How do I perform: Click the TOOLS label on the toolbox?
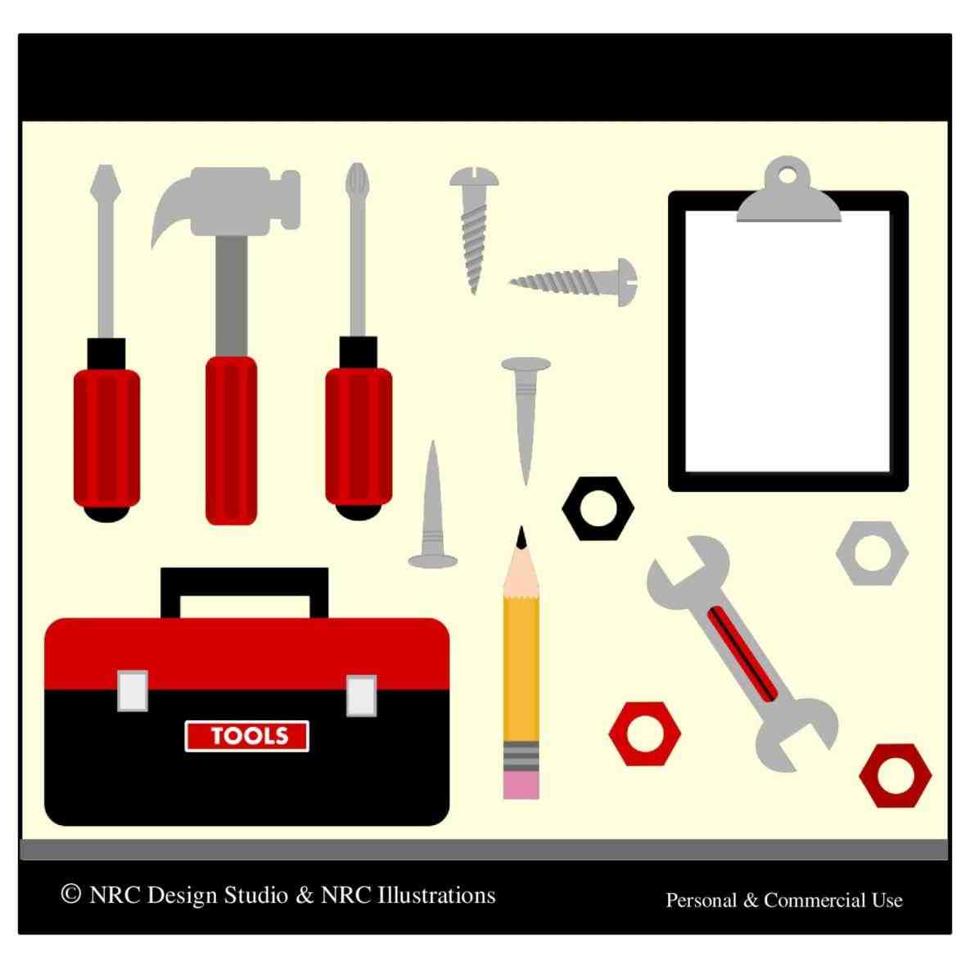tap(247, 736)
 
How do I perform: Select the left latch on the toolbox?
tap(133, 690)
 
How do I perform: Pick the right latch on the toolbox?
tap(361, 696)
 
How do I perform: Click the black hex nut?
tap(598, 508)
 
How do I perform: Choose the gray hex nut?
tap(872, 553)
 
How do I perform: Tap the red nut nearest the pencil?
tap(644, 733)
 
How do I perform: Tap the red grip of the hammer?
tap(231, 439)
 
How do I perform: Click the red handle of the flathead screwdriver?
tap(106, 438)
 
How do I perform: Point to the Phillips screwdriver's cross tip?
tap(356, 178)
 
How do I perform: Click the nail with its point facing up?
tap(432, 512)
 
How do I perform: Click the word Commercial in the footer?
tap(814, 900)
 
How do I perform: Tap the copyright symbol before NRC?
tap(71, 893)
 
